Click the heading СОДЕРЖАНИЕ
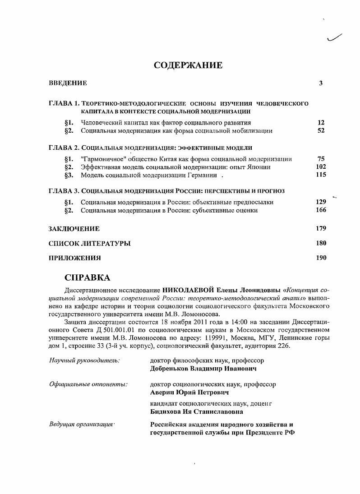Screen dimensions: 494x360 (x=188, y=65)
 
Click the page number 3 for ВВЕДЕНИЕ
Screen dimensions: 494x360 (x=321, y=83)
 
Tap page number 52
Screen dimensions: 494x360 (x=321, y=131)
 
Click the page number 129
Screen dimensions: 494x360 (x=321, y=202)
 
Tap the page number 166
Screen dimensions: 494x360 (x=321, y=210)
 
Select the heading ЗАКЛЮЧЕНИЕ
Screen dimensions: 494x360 (x=74, y=229)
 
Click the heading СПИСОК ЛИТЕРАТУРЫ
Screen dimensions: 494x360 (x=89, y=244)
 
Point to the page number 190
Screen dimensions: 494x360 (x=321, y=259)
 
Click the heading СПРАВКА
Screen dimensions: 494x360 (x=88, y=277)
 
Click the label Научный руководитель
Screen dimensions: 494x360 (x=83, y=361)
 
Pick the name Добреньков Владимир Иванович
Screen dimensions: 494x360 (x=203, y=369)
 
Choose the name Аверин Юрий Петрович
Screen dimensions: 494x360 (x=189, y=392)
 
